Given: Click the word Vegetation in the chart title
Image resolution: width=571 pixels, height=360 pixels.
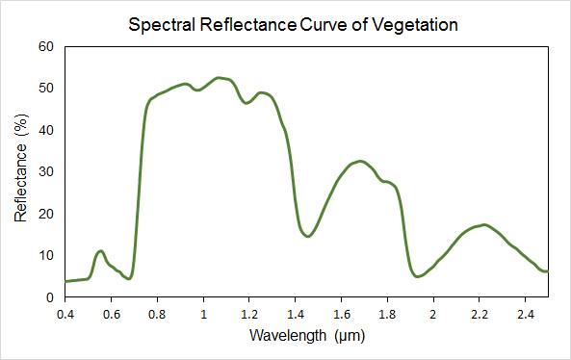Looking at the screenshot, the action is [x=415, y=25].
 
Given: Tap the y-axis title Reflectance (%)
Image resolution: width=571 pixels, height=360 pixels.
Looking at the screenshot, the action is [x=21, y=167].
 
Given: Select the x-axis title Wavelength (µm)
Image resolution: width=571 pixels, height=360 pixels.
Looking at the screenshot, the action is [x=307, y=335].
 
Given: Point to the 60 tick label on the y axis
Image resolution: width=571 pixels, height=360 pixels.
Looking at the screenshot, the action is [x=46, y=46].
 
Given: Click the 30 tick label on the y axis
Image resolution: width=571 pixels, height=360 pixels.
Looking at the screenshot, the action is [x=46, y=171].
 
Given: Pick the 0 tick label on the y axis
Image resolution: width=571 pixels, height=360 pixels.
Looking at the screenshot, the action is [x=50, y=297].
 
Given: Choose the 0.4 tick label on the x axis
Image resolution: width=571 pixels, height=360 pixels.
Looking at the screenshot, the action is [x=65, y=314].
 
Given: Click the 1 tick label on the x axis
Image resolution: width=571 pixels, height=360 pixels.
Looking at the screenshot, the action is [x=203, y=314].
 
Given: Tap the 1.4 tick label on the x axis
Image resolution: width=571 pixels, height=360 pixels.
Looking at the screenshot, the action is [x=296, y=314].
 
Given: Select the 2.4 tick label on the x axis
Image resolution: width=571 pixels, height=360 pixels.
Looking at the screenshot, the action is [x=525, y=314].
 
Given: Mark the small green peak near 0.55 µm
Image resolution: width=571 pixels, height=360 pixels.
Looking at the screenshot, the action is [x=100, y=251].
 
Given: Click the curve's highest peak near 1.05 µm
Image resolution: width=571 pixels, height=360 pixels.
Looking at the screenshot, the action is [x=219, y=78].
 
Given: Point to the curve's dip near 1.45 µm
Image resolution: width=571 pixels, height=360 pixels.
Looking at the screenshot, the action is [x=308, y=236].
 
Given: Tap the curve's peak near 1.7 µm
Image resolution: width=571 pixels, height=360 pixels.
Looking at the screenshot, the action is [x=360, y=162].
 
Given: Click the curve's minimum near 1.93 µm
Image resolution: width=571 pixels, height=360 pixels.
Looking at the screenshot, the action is [x=417, y=276].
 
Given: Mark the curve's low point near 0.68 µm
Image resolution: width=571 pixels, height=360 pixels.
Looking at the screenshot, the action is [x=129, y=278].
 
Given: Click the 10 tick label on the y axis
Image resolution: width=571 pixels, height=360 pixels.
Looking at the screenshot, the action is [x=46, y=255].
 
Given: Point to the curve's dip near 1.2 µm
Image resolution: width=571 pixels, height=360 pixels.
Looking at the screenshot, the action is [x=247, y=103].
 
